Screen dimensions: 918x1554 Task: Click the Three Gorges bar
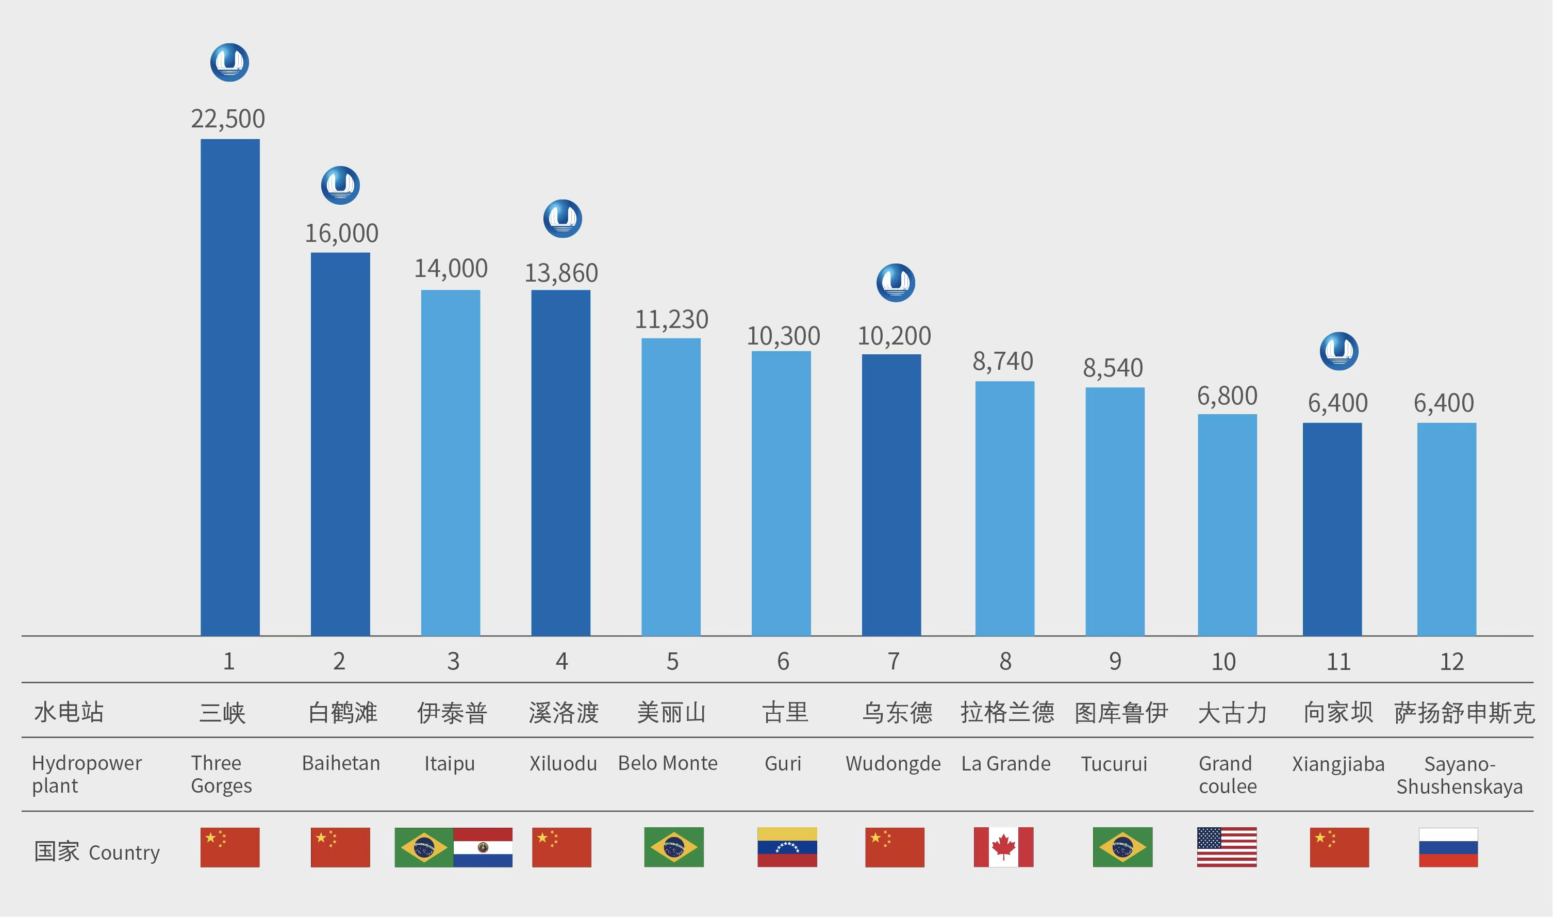tap(230, 387)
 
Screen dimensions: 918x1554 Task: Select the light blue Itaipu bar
tap(450, 463)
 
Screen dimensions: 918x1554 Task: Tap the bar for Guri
tap(781, 493)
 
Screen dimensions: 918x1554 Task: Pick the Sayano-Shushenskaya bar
tap(1446, 529)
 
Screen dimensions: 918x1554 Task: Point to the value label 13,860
tap(561, 273)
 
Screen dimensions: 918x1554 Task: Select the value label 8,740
tap(1002, 361)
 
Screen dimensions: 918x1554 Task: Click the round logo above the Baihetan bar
tap(340, 185)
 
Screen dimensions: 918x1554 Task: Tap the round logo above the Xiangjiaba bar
tap(1339, 351)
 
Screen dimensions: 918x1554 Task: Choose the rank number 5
tap(672, 662)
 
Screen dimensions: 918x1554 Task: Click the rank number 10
tap(1223, 662)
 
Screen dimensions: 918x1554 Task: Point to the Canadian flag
tap(1003, 847)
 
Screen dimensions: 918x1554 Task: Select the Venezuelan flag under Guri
tap(787, 847)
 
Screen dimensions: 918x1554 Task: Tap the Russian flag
tap(1448, 847)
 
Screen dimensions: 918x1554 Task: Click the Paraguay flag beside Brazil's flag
tap(483, 847)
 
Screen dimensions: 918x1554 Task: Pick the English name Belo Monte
tap(668, 763)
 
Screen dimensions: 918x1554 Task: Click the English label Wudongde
tap(893, 763)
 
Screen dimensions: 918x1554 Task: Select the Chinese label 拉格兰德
tap(1007, 713)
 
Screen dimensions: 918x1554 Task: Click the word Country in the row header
tap(124, 853)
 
